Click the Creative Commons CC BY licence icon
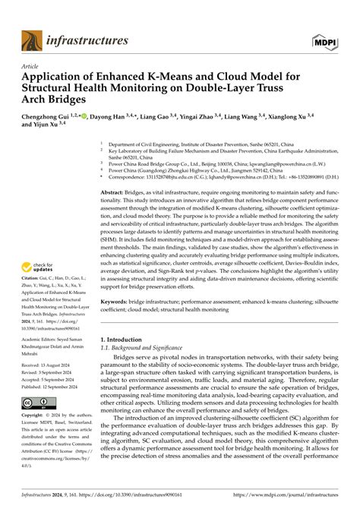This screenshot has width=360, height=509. (x=37, y=403)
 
